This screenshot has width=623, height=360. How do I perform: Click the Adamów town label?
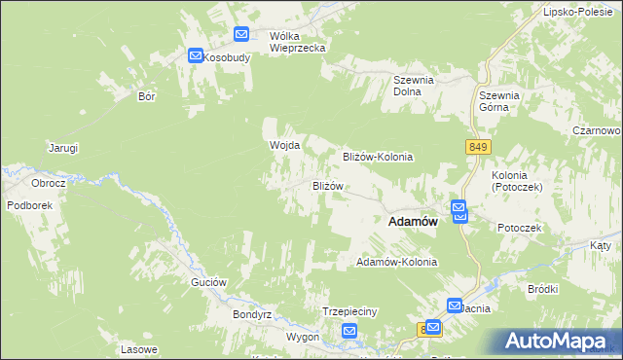coord(412,222)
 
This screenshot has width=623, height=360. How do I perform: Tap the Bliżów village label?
coord(328,186)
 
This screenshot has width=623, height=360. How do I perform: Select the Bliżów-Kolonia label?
coord(379,157)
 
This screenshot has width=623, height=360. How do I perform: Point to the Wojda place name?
coord(284,146)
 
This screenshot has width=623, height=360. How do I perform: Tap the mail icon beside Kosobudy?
coord(196,57)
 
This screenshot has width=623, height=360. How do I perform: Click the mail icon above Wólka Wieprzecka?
coord(242,35)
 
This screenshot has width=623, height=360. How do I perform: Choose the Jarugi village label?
coord(63,148)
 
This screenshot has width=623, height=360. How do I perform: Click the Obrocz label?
coord(48,183)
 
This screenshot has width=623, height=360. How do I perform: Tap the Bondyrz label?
coord(250,315)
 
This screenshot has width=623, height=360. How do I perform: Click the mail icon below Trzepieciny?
coord(350,333)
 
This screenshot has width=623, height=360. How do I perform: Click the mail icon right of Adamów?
coord(459,211)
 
